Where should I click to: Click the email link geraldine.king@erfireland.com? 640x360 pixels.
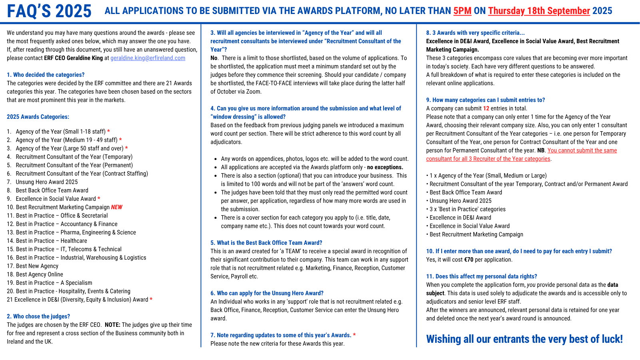148,58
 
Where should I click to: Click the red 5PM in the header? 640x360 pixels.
462,11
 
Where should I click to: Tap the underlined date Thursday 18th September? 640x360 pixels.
539,11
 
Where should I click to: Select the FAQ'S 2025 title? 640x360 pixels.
49,11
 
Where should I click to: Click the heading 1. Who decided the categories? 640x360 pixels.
46,75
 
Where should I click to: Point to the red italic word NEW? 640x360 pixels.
117,207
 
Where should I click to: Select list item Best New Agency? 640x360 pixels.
37,266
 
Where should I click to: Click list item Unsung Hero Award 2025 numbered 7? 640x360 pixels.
47,182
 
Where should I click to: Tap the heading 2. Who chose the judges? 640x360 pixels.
38,316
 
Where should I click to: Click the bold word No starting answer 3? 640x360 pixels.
214,58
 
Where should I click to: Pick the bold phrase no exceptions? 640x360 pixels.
385,167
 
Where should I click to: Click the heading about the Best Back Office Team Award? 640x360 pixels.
266,243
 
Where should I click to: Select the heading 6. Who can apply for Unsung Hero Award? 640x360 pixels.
267,293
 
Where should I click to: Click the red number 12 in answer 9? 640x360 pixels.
486,108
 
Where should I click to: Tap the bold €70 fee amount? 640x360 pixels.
468,260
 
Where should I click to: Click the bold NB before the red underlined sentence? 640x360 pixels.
541,150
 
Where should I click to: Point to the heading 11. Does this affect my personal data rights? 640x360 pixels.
482,276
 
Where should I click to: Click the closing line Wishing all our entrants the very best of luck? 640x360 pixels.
524,339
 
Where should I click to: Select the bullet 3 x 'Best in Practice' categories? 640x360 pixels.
467,209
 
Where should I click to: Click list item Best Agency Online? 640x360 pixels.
39,274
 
